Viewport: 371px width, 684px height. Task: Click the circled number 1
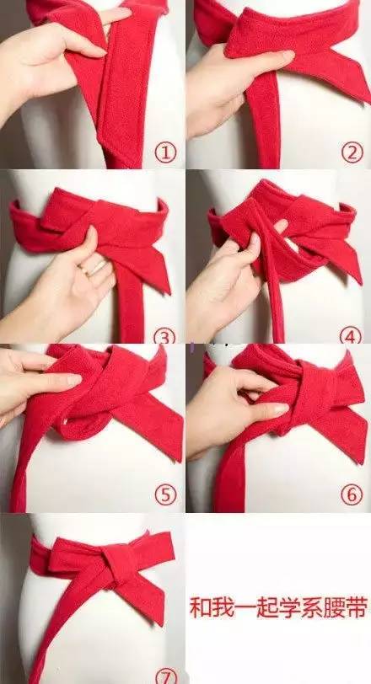click(x=165, y=153)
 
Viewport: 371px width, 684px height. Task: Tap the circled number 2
click(x=352, y=153)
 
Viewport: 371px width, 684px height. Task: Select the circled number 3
click(x=164, y=336)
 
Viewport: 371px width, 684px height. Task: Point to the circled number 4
click(x=351, y=335)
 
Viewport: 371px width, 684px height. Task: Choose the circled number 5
click(x=165, y=495)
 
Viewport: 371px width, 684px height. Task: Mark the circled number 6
click(x=352, y=495)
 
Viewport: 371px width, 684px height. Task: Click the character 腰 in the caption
click(x=333, y=608)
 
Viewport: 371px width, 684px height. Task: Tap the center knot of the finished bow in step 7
click(x=118, y=566)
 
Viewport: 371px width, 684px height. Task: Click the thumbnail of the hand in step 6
click(x=279, y=409)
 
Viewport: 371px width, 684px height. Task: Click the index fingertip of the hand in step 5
click(x=73, y=381)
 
